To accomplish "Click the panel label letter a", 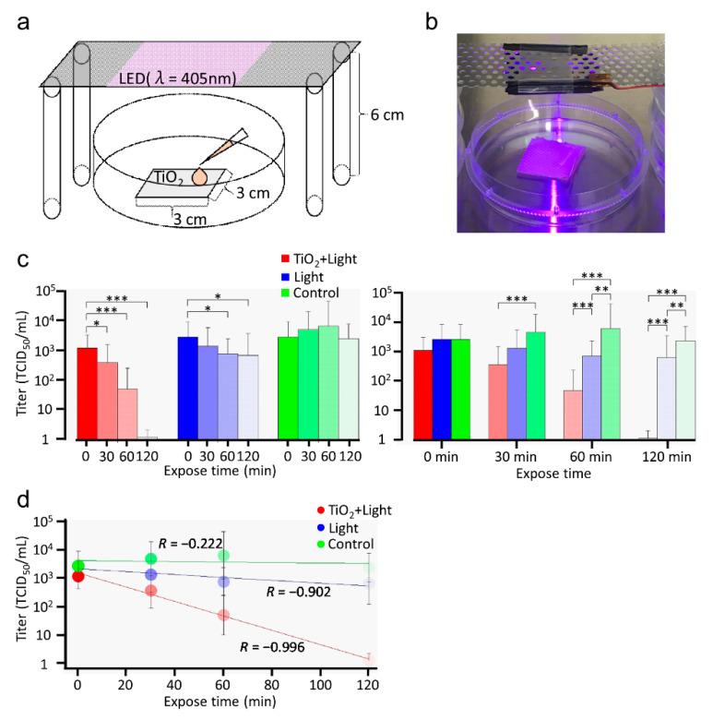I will pos(24,18).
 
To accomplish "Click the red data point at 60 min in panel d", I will pos(224,615).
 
